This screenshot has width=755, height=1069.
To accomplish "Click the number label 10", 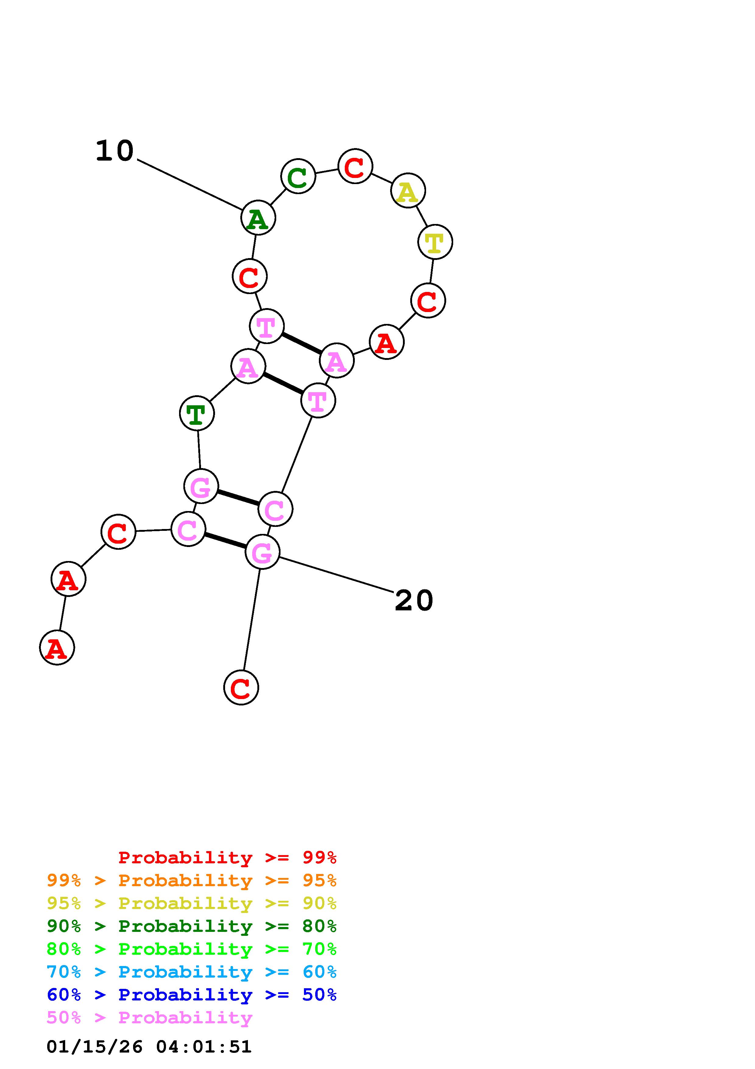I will pyautogui.click(x=115, y=151).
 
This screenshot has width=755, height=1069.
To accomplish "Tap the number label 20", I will pyautogui.click(x=414, y=601).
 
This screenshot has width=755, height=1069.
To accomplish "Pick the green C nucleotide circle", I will pyautogui.click(x=298, y=176).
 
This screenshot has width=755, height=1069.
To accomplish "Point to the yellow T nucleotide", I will pyautogui.click(x=435, y=242).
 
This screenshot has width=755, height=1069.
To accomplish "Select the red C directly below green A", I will pyautogui.click(x=250, y=277).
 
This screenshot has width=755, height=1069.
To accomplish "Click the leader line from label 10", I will pyautogui.click(x=189, y=184).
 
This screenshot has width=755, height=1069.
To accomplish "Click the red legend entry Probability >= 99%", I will pyautogui.click(x=228, y=858).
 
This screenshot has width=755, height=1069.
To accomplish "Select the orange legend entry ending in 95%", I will pyautogui.click(x=192, y=880).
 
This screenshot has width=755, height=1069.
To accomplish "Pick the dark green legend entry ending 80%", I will pyautogui.click(x=192, y=926).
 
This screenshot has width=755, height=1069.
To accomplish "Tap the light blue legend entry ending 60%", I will pyautogui.click(x=192, y=972).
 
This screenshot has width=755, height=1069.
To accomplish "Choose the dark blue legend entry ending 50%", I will pyautogui.click(x=192, y=995).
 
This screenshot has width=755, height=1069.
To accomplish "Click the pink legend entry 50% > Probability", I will pyautogui.click(x=149, y=1017).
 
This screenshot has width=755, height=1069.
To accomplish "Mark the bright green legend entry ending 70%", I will pyautogui.click(x=192, y=949).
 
